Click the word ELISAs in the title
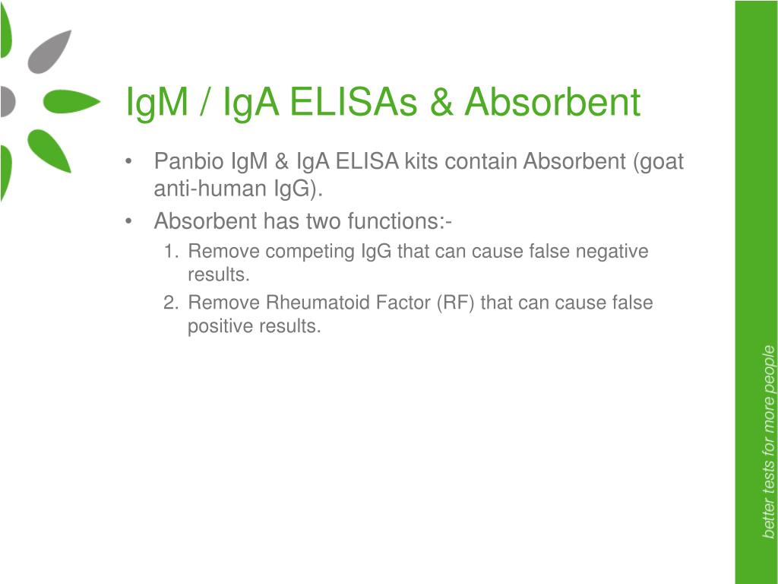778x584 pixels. pyautogui.click(x=353, y=102)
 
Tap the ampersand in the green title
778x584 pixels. pyautogui.click(x=441, y=102)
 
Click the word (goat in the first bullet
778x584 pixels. pyautogui.click(x=659, y=162)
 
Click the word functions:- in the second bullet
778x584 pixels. pyautogui.click(x=400, y=221)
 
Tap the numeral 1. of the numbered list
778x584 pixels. pyautogui.click(x=171, y=251)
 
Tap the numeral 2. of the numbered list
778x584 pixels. pyautogui.click(x=171, y=303)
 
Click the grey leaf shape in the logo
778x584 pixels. pyautogui.click(x=49, y=52)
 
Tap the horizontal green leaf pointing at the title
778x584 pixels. pyautogui.click(x=71, y=102)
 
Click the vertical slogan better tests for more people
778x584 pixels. pyautogui.click(x=768, y=442)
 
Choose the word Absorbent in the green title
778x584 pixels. pyautogui.click(x=552, y=102)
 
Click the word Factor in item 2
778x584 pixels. pyautogui.click(x=403, y=303)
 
